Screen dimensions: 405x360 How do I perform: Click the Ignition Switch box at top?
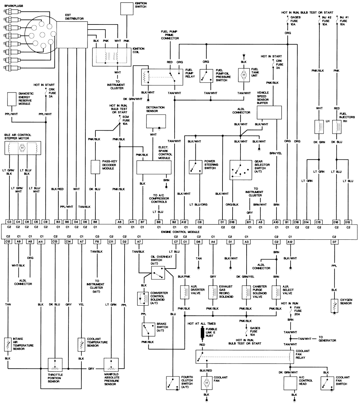coord(127,9)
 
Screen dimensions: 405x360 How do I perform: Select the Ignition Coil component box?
coord(112,56)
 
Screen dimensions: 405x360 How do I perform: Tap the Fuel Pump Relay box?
coord(162,76)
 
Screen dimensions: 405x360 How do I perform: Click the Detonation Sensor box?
coord(156,122)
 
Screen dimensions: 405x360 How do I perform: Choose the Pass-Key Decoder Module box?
coord(95,167)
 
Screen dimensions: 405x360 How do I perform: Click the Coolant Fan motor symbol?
coord(207,383)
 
